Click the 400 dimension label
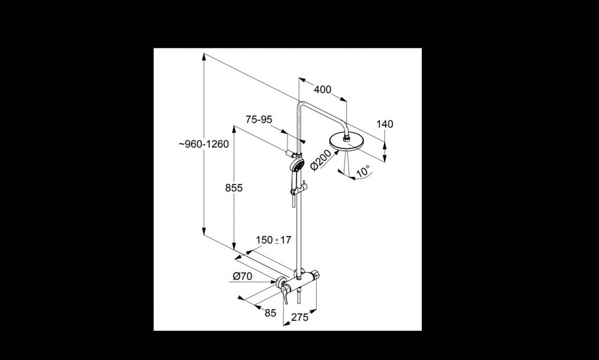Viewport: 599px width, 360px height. pos(322,89)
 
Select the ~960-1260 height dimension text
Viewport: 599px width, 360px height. pos(204,144)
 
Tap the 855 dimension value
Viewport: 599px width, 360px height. pos(234,188)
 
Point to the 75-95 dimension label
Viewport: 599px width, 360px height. pos(259,120)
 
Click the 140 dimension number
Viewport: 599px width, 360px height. pos(385,124)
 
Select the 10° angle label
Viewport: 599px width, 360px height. pos(364,171)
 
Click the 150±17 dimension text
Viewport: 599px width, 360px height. pos(274,240)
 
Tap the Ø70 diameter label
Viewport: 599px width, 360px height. pos(242,276)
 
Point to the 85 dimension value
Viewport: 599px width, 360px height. pos(270,313)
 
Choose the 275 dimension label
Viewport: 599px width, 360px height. pos(300,317)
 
